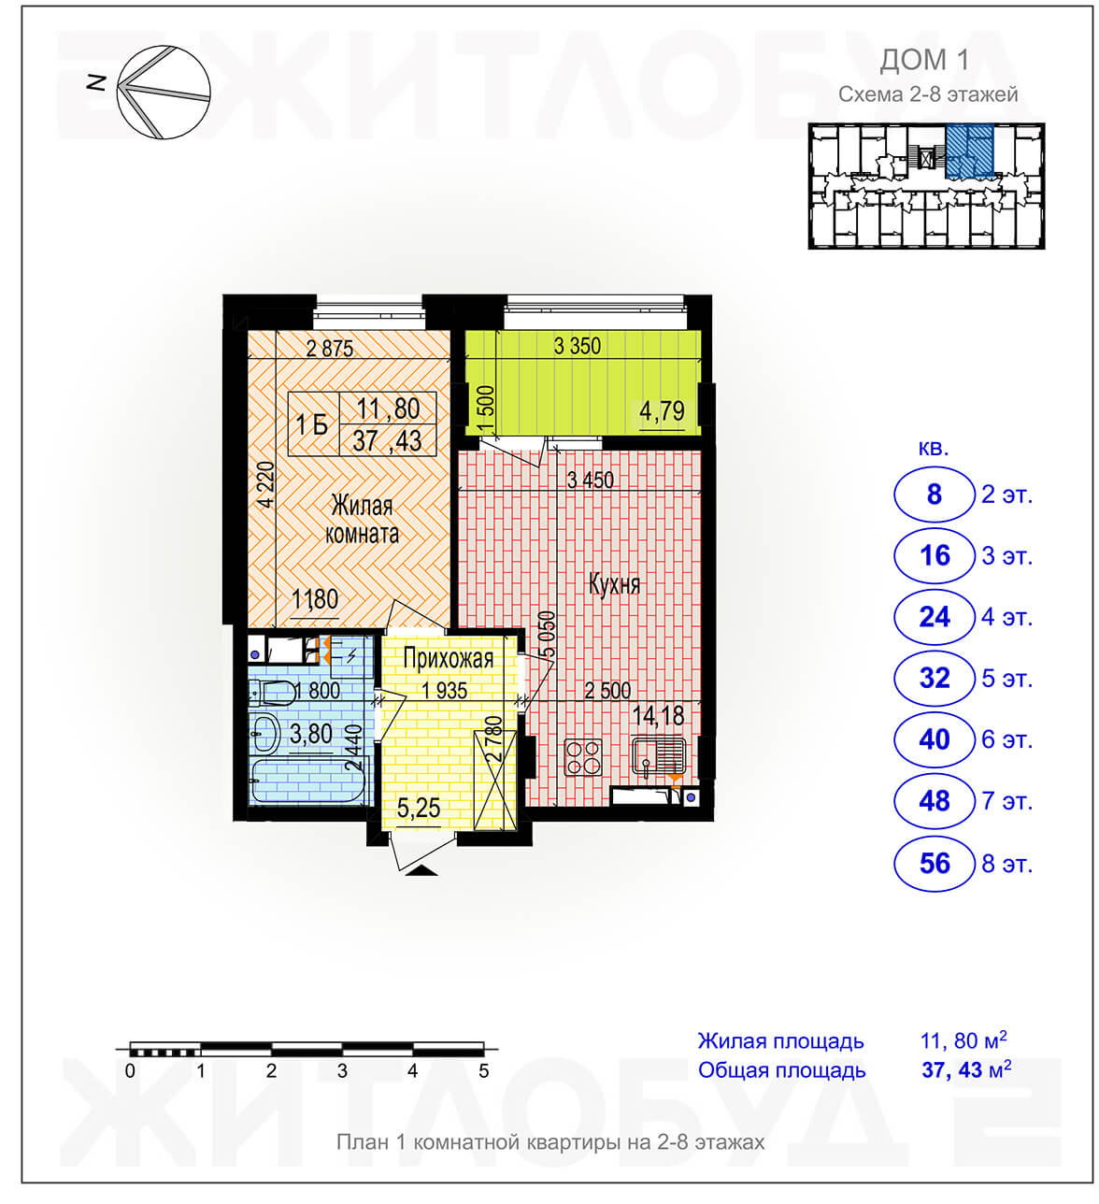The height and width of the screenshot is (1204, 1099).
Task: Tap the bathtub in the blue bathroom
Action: coord(308,781)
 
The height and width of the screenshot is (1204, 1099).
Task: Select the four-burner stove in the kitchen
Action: coord(583,757)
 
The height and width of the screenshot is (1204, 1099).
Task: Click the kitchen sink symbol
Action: coord(658,755)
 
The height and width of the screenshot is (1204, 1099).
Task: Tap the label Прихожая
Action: coord(448,658)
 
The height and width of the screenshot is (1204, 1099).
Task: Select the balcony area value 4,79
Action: coord(662,410)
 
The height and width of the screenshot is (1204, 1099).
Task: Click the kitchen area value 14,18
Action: coord(658,715)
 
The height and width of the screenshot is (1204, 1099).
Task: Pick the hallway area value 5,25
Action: coord(419,808)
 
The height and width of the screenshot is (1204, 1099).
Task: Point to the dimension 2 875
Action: coord(330,348)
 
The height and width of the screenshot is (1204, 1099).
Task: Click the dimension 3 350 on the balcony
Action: coord(577,346)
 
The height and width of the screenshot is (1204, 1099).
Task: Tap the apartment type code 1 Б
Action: coord(312,425)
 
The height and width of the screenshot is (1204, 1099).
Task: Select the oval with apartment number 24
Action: coord(934,617)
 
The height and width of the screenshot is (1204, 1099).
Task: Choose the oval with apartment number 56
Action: coord(934,863)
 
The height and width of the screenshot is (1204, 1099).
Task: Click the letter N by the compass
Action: coord(96,82)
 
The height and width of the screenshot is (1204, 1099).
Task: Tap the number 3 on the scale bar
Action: coord(342,1070)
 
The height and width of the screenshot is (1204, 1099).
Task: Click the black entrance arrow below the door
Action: coord(422,870)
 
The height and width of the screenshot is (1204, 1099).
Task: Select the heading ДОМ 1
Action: coord(924,60)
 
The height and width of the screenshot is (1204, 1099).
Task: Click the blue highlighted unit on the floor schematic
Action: coord(969,150)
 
